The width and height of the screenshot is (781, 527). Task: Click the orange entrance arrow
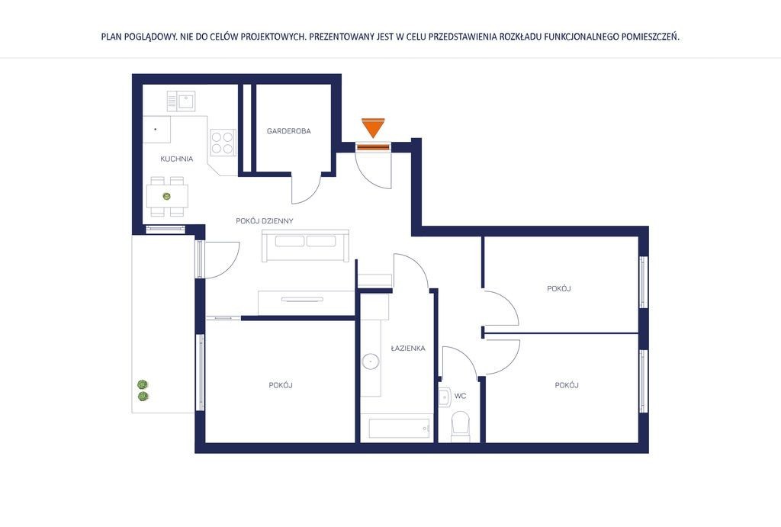(x=373, y=127)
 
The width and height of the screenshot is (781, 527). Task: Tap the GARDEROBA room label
(x=289, y=131)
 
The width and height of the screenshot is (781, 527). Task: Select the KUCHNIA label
(x=177, y=159)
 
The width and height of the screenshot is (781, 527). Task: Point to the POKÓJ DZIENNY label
(x=265, y=220)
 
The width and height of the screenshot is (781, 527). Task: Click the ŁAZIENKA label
(x=408, y=349)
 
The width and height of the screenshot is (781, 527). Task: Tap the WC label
(x=460, y=396)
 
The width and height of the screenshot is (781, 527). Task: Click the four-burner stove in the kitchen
(x=223, y=143)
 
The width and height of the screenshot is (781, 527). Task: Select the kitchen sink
(x=181, y=101)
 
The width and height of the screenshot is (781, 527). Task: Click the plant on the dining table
(x=167, y=196)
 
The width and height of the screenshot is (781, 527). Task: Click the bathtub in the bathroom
(x=399, y=429)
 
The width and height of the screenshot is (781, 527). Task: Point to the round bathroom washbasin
(x=371, y=362)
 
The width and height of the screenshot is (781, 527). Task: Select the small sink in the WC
(x=445, y=397)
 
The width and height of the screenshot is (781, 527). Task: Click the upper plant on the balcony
(x=143, y=384)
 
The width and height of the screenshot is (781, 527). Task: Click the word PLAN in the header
(x=111, y=37)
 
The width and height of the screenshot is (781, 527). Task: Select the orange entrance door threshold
(x=373, y=147)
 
